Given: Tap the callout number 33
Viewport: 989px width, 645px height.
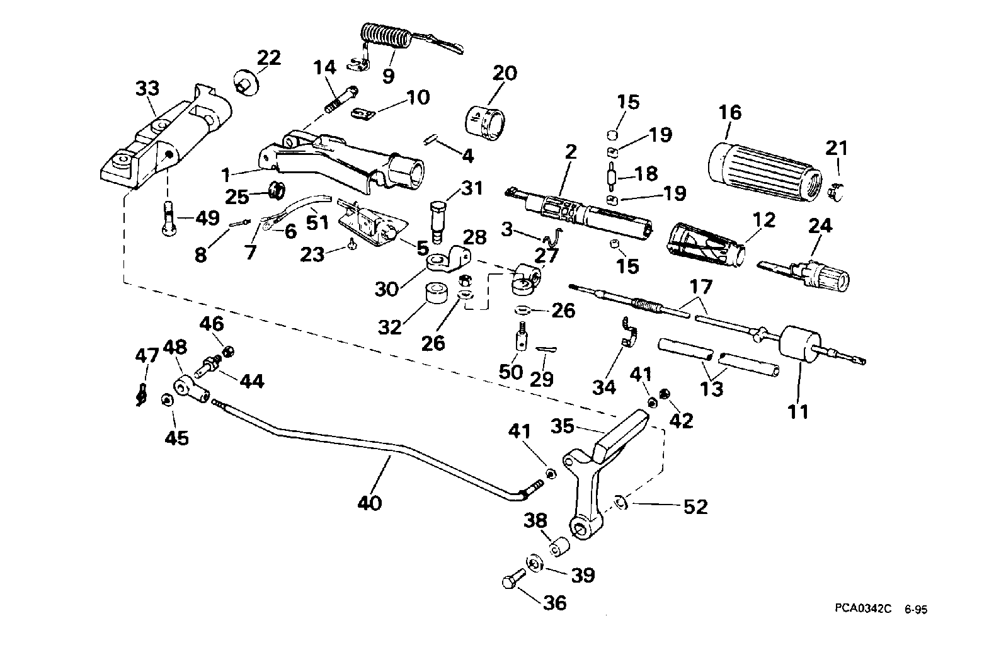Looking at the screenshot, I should click(147, 89).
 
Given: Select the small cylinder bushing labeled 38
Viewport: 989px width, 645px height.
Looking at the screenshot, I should click(559, 547).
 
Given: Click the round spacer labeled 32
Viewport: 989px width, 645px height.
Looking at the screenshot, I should click(436, 294).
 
